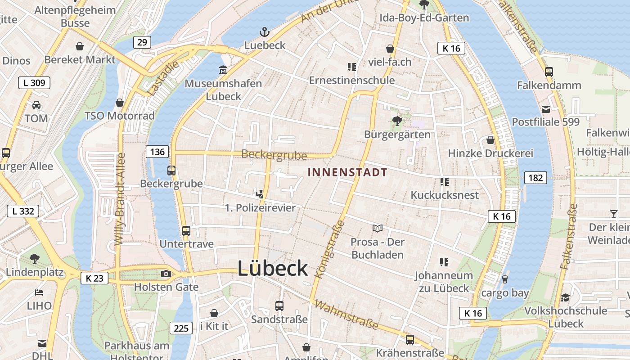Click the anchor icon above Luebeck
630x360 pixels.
coord(265,32)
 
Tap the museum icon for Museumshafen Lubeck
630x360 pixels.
coord(223,70)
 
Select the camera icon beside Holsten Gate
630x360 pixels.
coord(166,274)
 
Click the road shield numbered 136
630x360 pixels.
coord(157,152)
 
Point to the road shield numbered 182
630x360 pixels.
coord(535,178)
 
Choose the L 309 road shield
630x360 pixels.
coord(34,83)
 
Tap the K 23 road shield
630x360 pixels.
coord(94,278)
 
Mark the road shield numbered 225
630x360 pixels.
coord(181,328)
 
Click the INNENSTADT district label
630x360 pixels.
coord(347,172)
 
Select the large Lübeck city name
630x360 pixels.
coord(273,269)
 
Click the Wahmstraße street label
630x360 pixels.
coord(346,315)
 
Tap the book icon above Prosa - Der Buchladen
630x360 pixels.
coord(377,229)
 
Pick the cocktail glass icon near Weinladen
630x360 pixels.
coord(614,214)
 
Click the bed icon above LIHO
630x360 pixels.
coord(39,292)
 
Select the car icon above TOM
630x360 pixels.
coord(36,105)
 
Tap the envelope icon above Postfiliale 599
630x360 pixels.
coord(546,109)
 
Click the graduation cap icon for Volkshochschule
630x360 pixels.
coord(565,297)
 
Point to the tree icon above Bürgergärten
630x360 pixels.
coord(397,121)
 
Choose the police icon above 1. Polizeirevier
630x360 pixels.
coord(260,194)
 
